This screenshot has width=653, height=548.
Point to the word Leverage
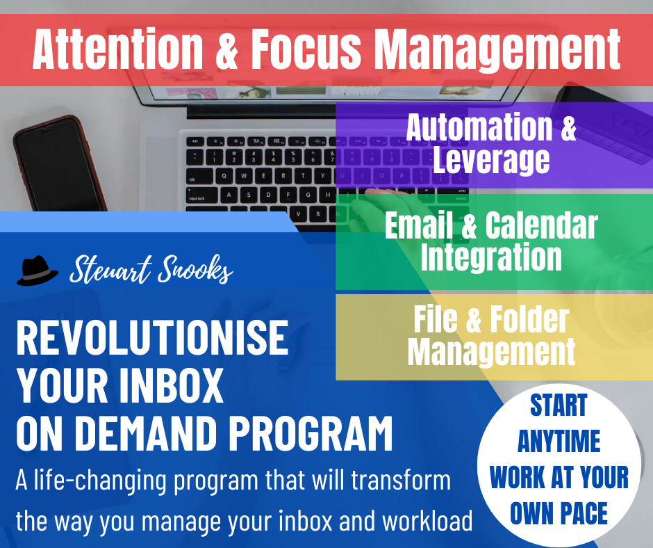pos(490,159)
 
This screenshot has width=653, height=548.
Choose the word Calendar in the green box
pos(541,225)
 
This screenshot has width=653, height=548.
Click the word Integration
pos(491,257)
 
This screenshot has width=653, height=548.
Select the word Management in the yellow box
pos(491,351)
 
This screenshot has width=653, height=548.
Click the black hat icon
pos(37,271)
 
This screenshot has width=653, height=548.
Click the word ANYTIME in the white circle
pos(559,442)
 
